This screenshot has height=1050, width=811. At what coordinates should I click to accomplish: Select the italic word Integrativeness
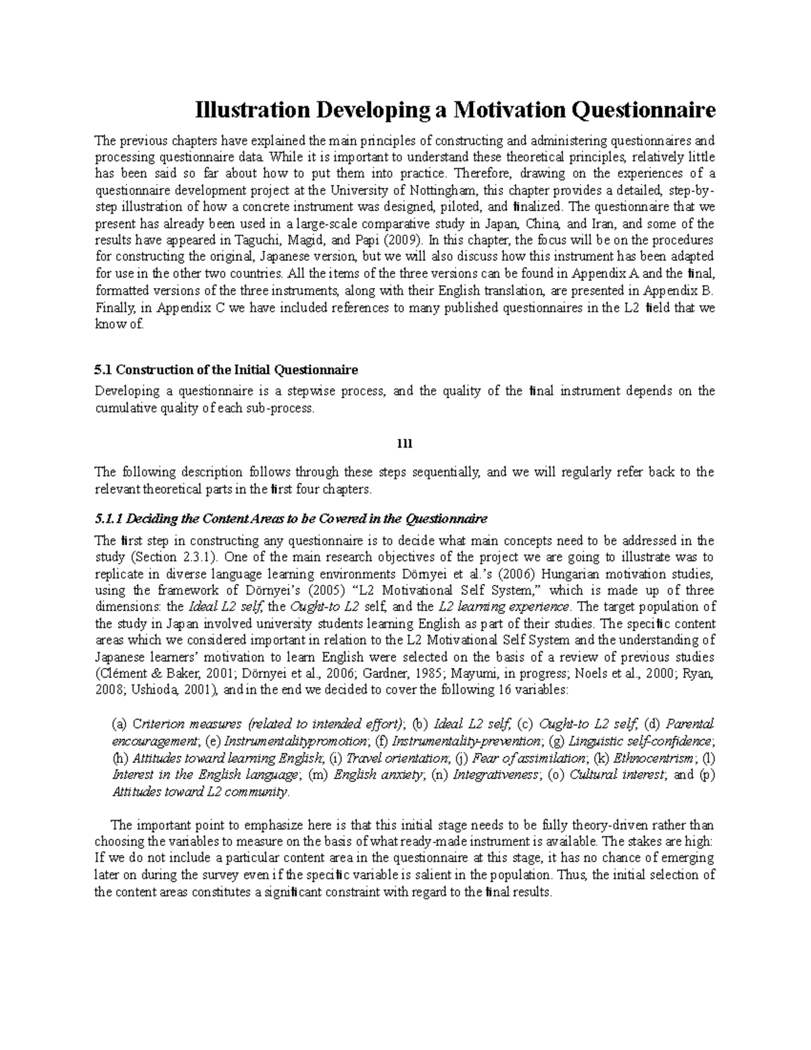[x=497, y=775]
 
